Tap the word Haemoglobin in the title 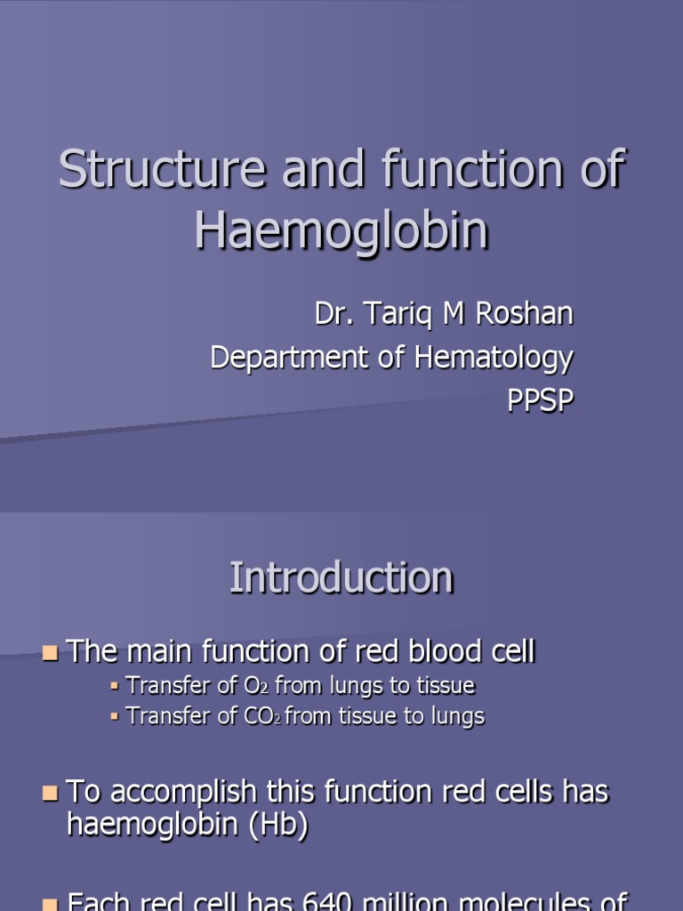341,230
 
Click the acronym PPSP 540,401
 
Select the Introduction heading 341,578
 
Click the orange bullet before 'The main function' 51,654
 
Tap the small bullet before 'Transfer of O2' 115,687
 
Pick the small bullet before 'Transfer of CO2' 115,717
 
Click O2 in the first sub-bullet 254,686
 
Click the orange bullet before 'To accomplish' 51,793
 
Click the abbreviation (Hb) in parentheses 275,825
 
